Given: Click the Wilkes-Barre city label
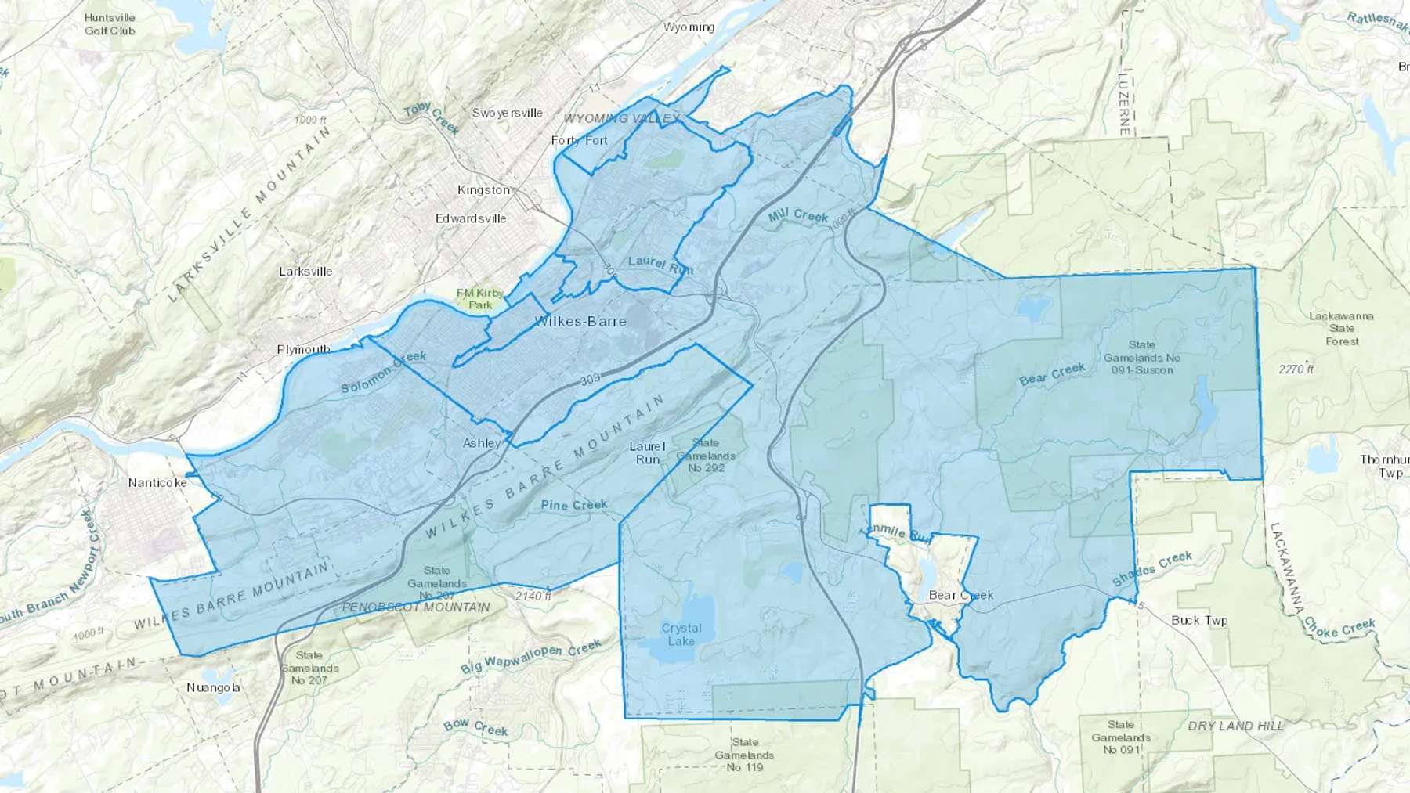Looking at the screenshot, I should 580,321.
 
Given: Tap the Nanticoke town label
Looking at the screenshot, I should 157,482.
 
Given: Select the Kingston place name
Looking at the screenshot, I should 483,190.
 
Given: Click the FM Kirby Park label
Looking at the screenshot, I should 480,298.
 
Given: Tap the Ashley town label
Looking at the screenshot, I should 481,443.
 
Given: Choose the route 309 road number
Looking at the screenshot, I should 591,380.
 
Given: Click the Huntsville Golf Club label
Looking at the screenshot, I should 110,24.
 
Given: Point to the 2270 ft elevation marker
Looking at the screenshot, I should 1295,369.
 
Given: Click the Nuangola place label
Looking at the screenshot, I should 213,688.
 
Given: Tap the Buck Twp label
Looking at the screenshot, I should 1199,621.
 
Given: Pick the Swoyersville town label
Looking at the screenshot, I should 507,113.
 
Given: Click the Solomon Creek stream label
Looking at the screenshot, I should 384,372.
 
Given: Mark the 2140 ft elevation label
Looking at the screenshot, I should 533,597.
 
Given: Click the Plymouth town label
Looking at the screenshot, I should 303,349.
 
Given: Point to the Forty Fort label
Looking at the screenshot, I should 579,140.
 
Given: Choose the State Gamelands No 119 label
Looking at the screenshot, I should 744,755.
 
